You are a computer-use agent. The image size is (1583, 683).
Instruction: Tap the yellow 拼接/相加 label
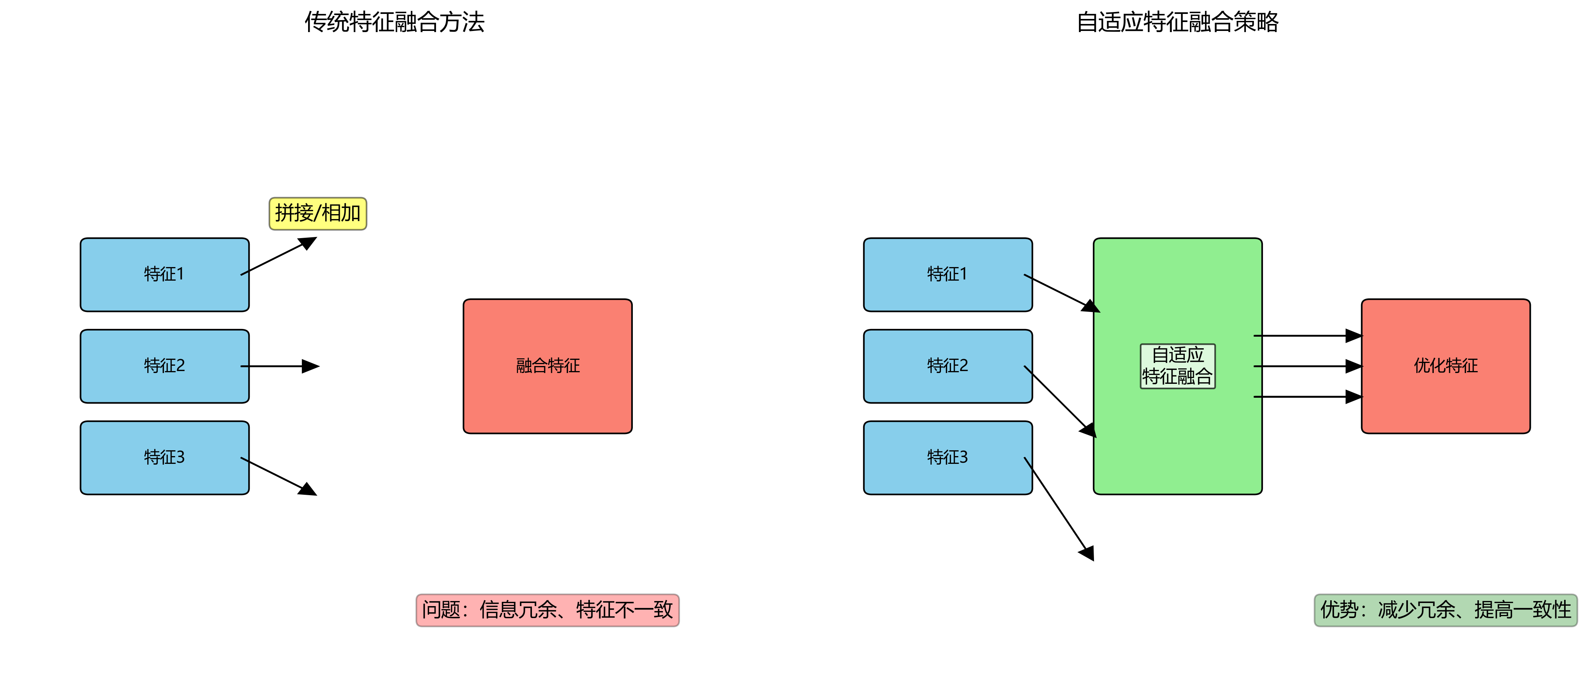coord(318,213)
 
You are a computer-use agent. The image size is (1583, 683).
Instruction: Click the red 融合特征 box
coord(547,366)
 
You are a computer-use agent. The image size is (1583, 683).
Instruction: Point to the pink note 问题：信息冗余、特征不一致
coord(547,610)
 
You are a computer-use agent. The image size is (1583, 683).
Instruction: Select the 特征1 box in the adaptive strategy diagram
coord(947,274)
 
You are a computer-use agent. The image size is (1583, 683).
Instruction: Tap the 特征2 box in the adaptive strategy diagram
coord(947,366)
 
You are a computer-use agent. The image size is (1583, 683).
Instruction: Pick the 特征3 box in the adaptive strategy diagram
coord(947,458)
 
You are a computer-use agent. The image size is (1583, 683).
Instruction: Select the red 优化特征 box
coord(1445,366)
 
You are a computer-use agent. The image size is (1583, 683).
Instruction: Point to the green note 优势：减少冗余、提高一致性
coord(1445,610)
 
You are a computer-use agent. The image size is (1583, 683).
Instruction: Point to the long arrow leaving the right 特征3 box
coord(1058,508)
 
